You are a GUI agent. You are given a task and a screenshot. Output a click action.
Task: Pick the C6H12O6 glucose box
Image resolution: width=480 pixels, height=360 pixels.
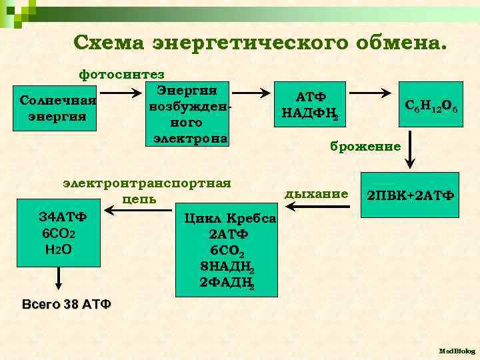pyautogui.click(x=435, y=105)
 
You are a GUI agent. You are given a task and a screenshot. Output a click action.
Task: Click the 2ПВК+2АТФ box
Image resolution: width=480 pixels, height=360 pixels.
pyautogui.click(x=410, y=195)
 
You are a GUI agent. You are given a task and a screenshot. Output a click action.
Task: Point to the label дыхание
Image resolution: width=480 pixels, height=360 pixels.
pyautogui.click(x=316, y=194)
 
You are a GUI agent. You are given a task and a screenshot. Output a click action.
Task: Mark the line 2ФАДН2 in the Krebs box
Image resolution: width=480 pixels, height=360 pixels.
pyautogui.click(x=227, y=283)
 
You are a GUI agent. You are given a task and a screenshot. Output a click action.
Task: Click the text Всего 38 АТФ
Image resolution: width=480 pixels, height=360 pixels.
pyautogui.click(x=67, y=305)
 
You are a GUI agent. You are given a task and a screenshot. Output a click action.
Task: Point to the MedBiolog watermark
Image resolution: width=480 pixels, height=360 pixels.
pyautogui.click(x=457, y=350)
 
